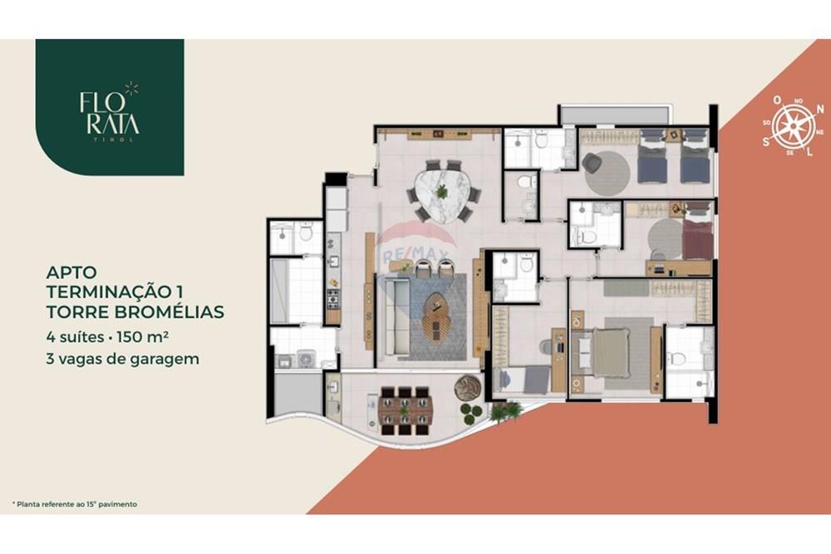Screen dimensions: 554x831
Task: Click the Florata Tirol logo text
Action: pyautogui.click(x=109, y=114)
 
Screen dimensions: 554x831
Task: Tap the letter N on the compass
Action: pyautogui.click(x=777, y=100)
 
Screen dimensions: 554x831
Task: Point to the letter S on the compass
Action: pyautogui.click(x=766, y=142)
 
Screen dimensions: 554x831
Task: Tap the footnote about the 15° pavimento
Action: pyautogui.click(x=74, y=504)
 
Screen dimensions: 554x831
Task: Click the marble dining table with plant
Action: pyautogui.click(x=442, y=191)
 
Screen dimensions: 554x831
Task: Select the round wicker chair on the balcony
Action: pyautogui.click(x=467, y=387)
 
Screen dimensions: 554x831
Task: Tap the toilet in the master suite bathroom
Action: pyautogui.click(x=677, y=359)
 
